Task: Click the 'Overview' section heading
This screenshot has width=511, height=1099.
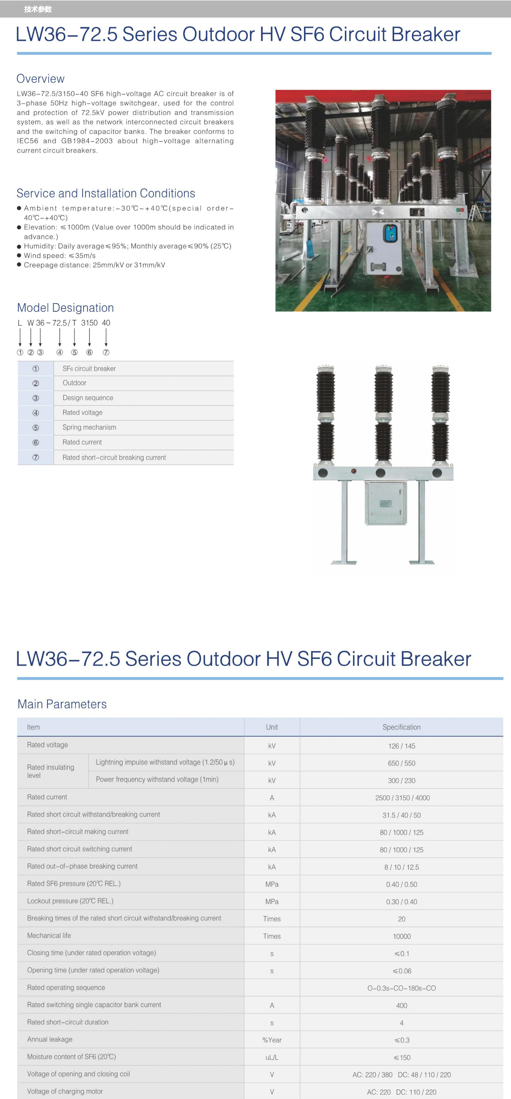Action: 40,79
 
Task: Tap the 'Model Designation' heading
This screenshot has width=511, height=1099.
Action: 65,308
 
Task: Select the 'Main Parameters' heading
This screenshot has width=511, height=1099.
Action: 62,704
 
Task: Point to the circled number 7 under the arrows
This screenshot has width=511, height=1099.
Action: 106,353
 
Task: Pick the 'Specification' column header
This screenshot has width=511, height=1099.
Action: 401,727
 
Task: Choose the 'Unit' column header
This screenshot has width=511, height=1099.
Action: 272,727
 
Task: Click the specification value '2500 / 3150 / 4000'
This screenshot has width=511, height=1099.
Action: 402,798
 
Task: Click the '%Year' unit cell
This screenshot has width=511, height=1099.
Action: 272,1040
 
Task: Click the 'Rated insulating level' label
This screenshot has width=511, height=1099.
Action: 51,771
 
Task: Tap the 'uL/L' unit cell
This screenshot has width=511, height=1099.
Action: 272,1058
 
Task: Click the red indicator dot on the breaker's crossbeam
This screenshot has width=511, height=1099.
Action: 354,471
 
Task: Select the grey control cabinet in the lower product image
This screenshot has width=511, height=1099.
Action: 386,503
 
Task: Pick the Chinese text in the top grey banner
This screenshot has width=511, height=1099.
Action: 38,9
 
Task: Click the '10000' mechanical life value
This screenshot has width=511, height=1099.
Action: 402,936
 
